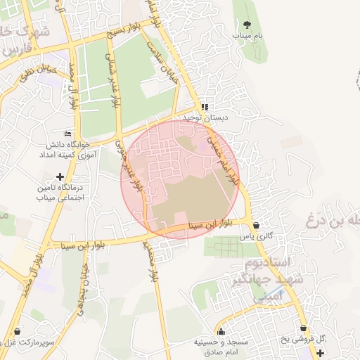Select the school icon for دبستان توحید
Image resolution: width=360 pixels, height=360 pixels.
(203, 107)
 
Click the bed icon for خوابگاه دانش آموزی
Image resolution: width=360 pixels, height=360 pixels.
(68, 134)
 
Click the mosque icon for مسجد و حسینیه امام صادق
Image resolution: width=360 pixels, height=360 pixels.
(221, 332)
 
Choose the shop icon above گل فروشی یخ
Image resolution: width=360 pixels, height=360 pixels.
(303, 328)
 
